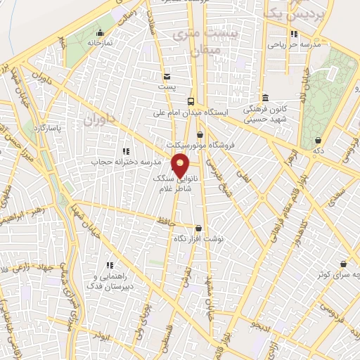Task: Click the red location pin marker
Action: click(x=181, y=167)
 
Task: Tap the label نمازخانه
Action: click(x=100, y=43)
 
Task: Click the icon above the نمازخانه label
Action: click(x=100, y=32)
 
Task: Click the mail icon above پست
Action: click(x=167, y=77)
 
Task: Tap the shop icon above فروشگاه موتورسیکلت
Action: click(x=200, y=134)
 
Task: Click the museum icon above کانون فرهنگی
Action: click(x=264, y=98)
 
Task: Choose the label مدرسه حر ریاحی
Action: click(x=294, y=44)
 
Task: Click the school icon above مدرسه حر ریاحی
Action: click(x=294, y=33)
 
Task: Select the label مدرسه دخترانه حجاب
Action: click(x=122, y=162)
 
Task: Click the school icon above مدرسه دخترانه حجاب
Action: click(x=126, y=150)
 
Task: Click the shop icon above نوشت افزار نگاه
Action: click(x=199, y=228)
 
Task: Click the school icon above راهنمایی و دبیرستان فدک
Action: click(x=110, y=265)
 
